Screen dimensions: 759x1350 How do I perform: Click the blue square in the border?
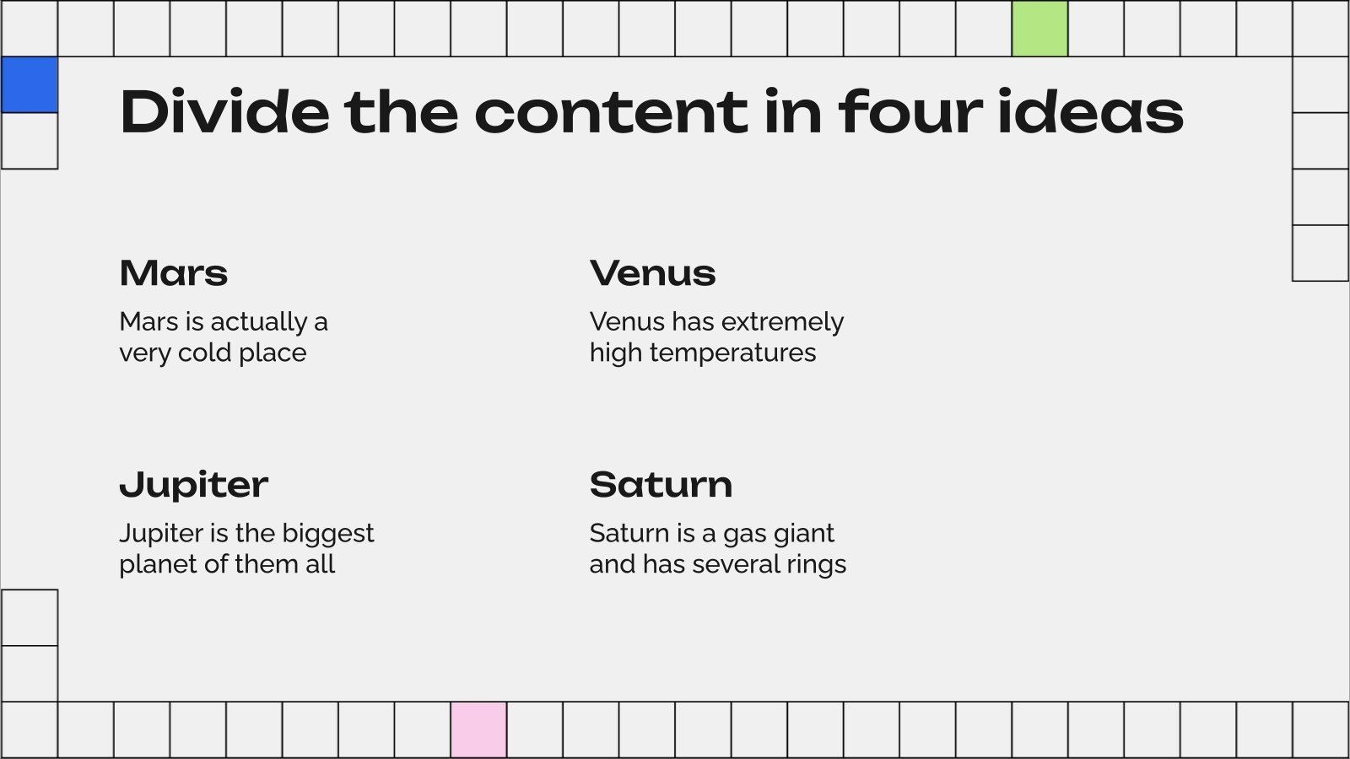point(29,84)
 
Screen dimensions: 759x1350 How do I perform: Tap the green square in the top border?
point(1039,29)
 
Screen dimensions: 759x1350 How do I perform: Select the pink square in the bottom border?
point(478,729)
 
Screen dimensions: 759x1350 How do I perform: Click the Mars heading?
point(174,273)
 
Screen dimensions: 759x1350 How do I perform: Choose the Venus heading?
point(652,273)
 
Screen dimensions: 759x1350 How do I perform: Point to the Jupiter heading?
point(193,485)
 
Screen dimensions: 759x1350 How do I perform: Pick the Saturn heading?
point(661,485)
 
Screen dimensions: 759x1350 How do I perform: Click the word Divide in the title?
point(224,112)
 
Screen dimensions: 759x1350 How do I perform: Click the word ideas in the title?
point(1090,112)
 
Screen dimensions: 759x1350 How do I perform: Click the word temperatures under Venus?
point(733,353)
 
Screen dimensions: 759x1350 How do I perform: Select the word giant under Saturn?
point(802,534)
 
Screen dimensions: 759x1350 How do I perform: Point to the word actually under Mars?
point(258,322)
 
